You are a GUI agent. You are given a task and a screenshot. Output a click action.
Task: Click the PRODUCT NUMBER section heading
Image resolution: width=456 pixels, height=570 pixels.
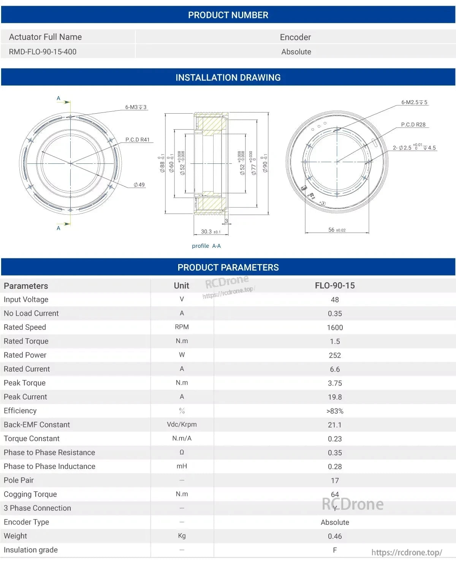[228, 15]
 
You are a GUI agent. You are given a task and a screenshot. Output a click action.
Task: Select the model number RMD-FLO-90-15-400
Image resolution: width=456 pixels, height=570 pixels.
[43, 52]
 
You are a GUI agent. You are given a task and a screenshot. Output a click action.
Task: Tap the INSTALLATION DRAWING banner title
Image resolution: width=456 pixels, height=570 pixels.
[228, 78]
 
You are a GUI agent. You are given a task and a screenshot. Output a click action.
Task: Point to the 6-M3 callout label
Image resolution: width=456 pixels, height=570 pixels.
[136, 107]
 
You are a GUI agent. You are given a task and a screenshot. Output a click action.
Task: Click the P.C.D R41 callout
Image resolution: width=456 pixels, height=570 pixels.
[138, 139]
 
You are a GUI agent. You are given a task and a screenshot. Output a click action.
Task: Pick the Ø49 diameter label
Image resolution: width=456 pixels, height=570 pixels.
[139, 185]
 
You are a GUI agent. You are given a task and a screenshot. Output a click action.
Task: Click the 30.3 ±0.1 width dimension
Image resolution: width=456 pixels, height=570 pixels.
[211, 231]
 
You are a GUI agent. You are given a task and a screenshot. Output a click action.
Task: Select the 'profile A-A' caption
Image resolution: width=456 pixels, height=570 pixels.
[206, 246]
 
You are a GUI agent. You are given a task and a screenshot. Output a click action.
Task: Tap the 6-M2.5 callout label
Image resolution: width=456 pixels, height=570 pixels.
[414, 102]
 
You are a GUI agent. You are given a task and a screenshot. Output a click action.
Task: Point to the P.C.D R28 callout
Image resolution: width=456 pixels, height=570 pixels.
[413, 125]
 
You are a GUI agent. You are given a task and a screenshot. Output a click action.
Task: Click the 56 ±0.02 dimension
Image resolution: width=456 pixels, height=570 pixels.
[337, 230]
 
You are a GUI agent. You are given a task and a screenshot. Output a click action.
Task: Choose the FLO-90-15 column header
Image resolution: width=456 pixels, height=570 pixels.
[335, 285]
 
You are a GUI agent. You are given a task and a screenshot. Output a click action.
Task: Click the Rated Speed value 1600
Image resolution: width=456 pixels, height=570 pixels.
[335, 328]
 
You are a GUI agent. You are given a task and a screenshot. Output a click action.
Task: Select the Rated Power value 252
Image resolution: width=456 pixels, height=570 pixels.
[335, 355]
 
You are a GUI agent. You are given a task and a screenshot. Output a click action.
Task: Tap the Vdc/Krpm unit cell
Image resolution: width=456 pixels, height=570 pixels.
[182, 424]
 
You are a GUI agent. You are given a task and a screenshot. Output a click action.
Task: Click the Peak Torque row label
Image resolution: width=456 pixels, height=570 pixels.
[25, 383]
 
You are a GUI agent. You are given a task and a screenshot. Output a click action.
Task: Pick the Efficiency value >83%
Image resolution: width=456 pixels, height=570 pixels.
[335, 411]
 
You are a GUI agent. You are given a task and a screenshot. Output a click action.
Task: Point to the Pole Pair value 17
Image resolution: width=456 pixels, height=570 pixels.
[335, 481]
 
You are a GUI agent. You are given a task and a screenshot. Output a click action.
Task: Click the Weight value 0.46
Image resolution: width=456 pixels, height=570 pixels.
[335, 536]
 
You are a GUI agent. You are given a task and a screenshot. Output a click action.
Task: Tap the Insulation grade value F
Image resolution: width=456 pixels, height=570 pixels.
[335, 550]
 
